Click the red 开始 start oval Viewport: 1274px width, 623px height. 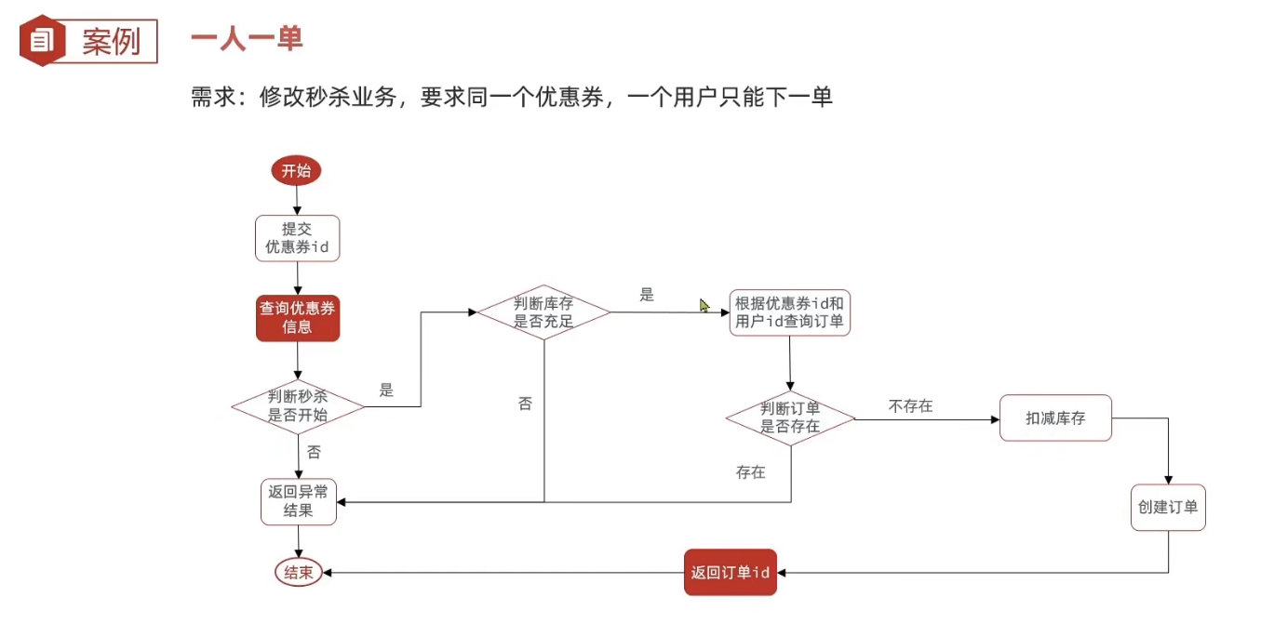(296, 171)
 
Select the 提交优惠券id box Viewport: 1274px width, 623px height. (297, 238)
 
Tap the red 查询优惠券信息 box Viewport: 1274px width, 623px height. (298, 318)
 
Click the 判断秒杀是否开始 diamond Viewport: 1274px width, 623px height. (298, 406)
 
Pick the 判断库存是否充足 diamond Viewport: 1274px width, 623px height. (544, 312)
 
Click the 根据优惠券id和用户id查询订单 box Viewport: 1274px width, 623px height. (789, 312)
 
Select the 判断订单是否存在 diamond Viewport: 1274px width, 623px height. (790, 418)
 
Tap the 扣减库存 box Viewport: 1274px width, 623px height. (1055, 418)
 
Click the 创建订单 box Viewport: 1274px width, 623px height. (1168, 508)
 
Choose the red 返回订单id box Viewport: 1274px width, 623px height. (730, 572)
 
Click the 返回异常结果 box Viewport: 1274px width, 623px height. (298, 502)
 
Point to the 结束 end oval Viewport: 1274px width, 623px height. (298, 573)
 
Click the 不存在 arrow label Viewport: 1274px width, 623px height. (910, 406)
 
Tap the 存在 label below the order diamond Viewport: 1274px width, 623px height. (750, 472)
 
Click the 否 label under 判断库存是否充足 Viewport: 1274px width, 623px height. (526, 404)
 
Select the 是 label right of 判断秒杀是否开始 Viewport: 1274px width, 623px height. (386, 391)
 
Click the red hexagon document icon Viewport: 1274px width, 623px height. (42, 41)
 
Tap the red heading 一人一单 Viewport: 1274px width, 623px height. (247, 39)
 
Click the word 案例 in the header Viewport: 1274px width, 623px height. (111, 42)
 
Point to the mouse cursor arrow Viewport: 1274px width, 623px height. (704, 305)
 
